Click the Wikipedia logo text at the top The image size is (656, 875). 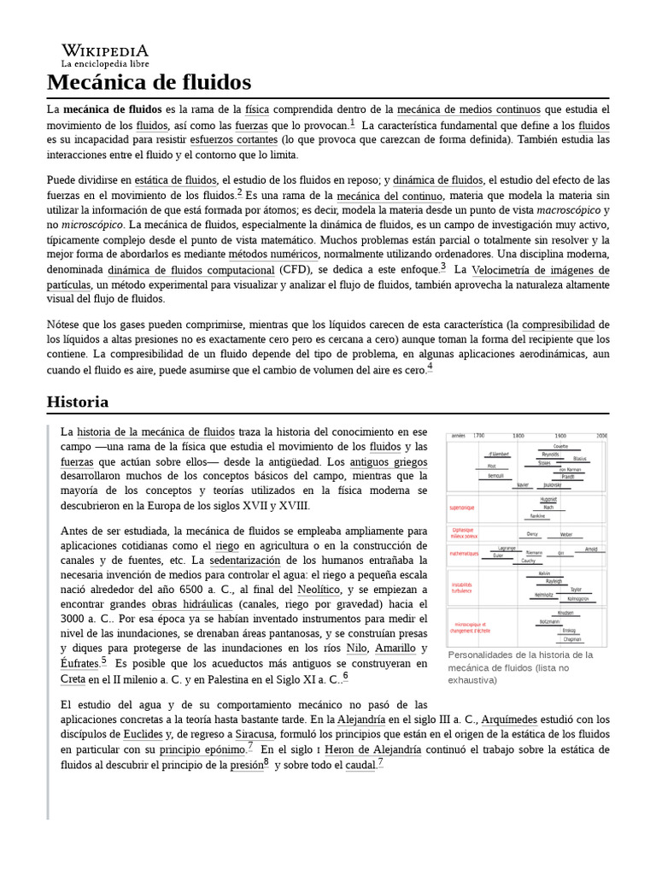[104, 50]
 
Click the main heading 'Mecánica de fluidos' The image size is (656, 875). [149, 82]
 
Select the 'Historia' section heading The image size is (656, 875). [78, 402]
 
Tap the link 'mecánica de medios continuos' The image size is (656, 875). [469, 110]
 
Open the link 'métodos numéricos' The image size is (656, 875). [273, 255]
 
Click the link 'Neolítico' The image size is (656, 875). [319, 590]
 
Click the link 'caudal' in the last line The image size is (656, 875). [360, 765]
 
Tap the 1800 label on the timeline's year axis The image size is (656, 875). [518, 435]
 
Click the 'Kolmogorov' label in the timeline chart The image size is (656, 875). [578, 598]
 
